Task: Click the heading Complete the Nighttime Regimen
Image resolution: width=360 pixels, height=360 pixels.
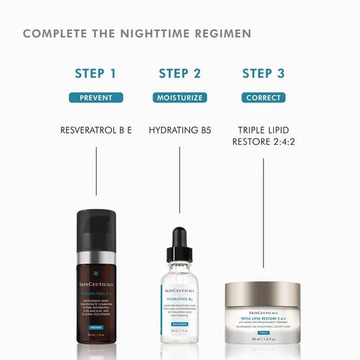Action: (137, 34)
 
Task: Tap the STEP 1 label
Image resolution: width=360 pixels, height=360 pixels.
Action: (96, 73)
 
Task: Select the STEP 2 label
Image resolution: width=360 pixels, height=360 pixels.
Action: (180, 73)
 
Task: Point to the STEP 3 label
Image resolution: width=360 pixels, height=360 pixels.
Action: (263, 73)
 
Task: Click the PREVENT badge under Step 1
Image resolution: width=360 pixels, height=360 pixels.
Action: (96, 98)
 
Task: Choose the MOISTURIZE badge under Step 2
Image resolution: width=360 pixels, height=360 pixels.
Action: (180, 98)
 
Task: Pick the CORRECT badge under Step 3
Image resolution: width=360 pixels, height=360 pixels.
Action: (263, 98)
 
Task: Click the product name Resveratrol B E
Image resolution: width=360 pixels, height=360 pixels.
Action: (96, 130)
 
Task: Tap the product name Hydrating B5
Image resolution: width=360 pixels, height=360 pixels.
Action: (180, 130)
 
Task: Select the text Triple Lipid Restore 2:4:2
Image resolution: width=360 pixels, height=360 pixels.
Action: (263, 136)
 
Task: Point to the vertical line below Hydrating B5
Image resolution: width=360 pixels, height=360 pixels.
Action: (180, 180)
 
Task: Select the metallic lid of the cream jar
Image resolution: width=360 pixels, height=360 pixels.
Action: (263, 292)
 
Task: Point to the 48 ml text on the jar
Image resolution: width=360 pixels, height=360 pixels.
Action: (263, 339)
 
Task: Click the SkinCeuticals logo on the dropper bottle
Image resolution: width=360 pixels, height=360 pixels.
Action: (180, 291)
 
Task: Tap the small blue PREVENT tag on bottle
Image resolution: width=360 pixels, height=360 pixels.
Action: (95, 328)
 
